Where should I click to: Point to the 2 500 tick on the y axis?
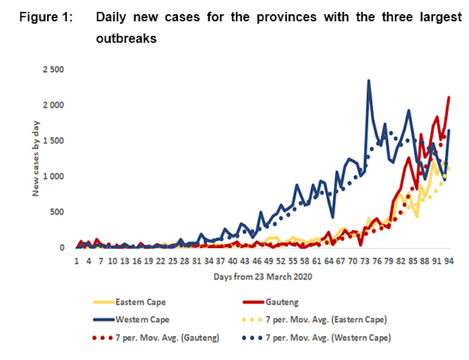tap(54, 69)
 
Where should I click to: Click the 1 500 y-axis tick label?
tap(54, 141)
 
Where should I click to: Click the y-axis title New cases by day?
tap(36, 159)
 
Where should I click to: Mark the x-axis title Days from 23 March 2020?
tap(262, 276)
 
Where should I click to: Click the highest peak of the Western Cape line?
tap(369, 80)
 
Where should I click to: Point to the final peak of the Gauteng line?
tap(448, 97)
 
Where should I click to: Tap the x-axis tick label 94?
tap(448, 262)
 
